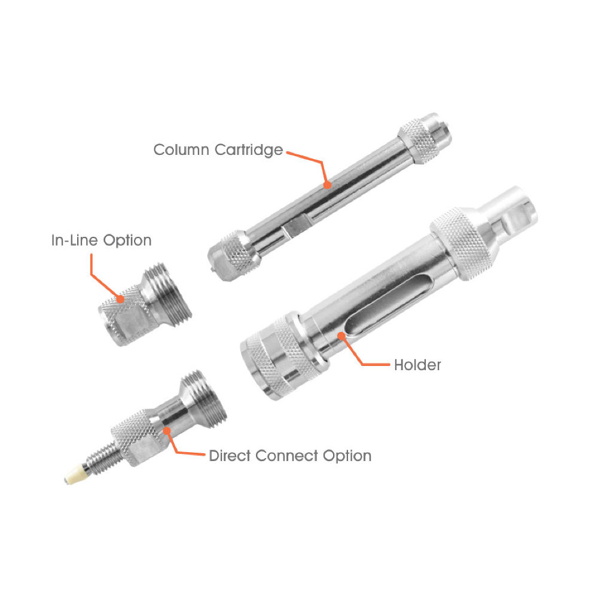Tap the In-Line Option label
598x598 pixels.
100,240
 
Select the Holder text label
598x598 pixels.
417,364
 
